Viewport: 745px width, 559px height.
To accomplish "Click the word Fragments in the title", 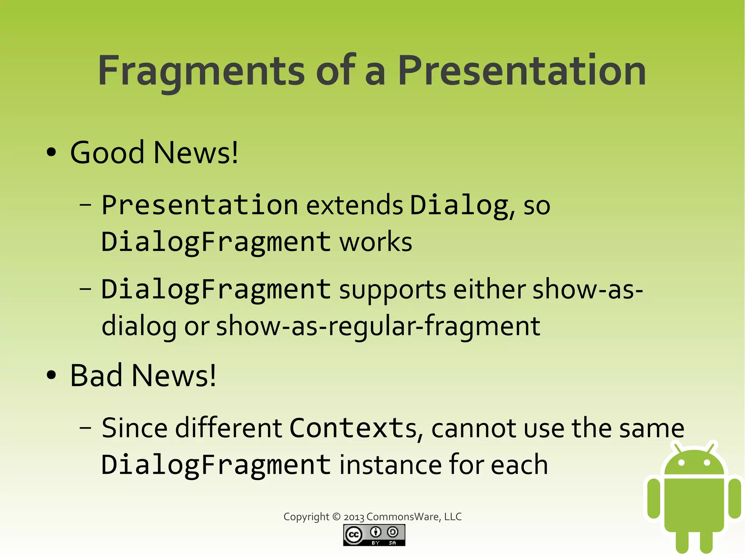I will click(x=201, y=71).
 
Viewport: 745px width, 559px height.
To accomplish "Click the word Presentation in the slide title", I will click(x=522, y=71).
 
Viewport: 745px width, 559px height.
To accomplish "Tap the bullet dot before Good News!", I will click(x=51, y=152).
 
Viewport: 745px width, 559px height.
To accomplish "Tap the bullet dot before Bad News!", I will click(x=51, y=375).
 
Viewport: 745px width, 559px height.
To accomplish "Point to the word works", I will click(x=376, y=242).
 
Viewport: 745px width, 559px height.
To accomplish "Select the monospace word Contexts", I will click(x=353, y=428).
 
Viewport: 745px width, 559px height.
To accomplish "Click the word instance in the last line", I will click(x=390, y=465).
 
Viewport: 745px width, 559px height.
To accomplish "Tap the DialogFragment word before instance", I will click(x=216, y=465).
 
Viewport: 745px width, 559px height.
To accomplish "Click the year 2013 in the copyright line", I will click(x=354, y=517).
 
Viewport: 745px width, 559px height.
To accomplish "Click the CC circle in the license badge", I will click(x=354, y=535).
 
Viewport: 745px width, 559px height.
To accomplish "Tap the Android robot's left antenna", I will click(x=677, y=448).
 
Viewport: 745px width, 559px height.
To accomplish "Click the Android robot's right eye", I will click(x=707, y=463).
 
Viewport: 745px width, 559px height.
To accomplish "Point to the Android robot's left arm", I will click(x=654, y=498).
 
